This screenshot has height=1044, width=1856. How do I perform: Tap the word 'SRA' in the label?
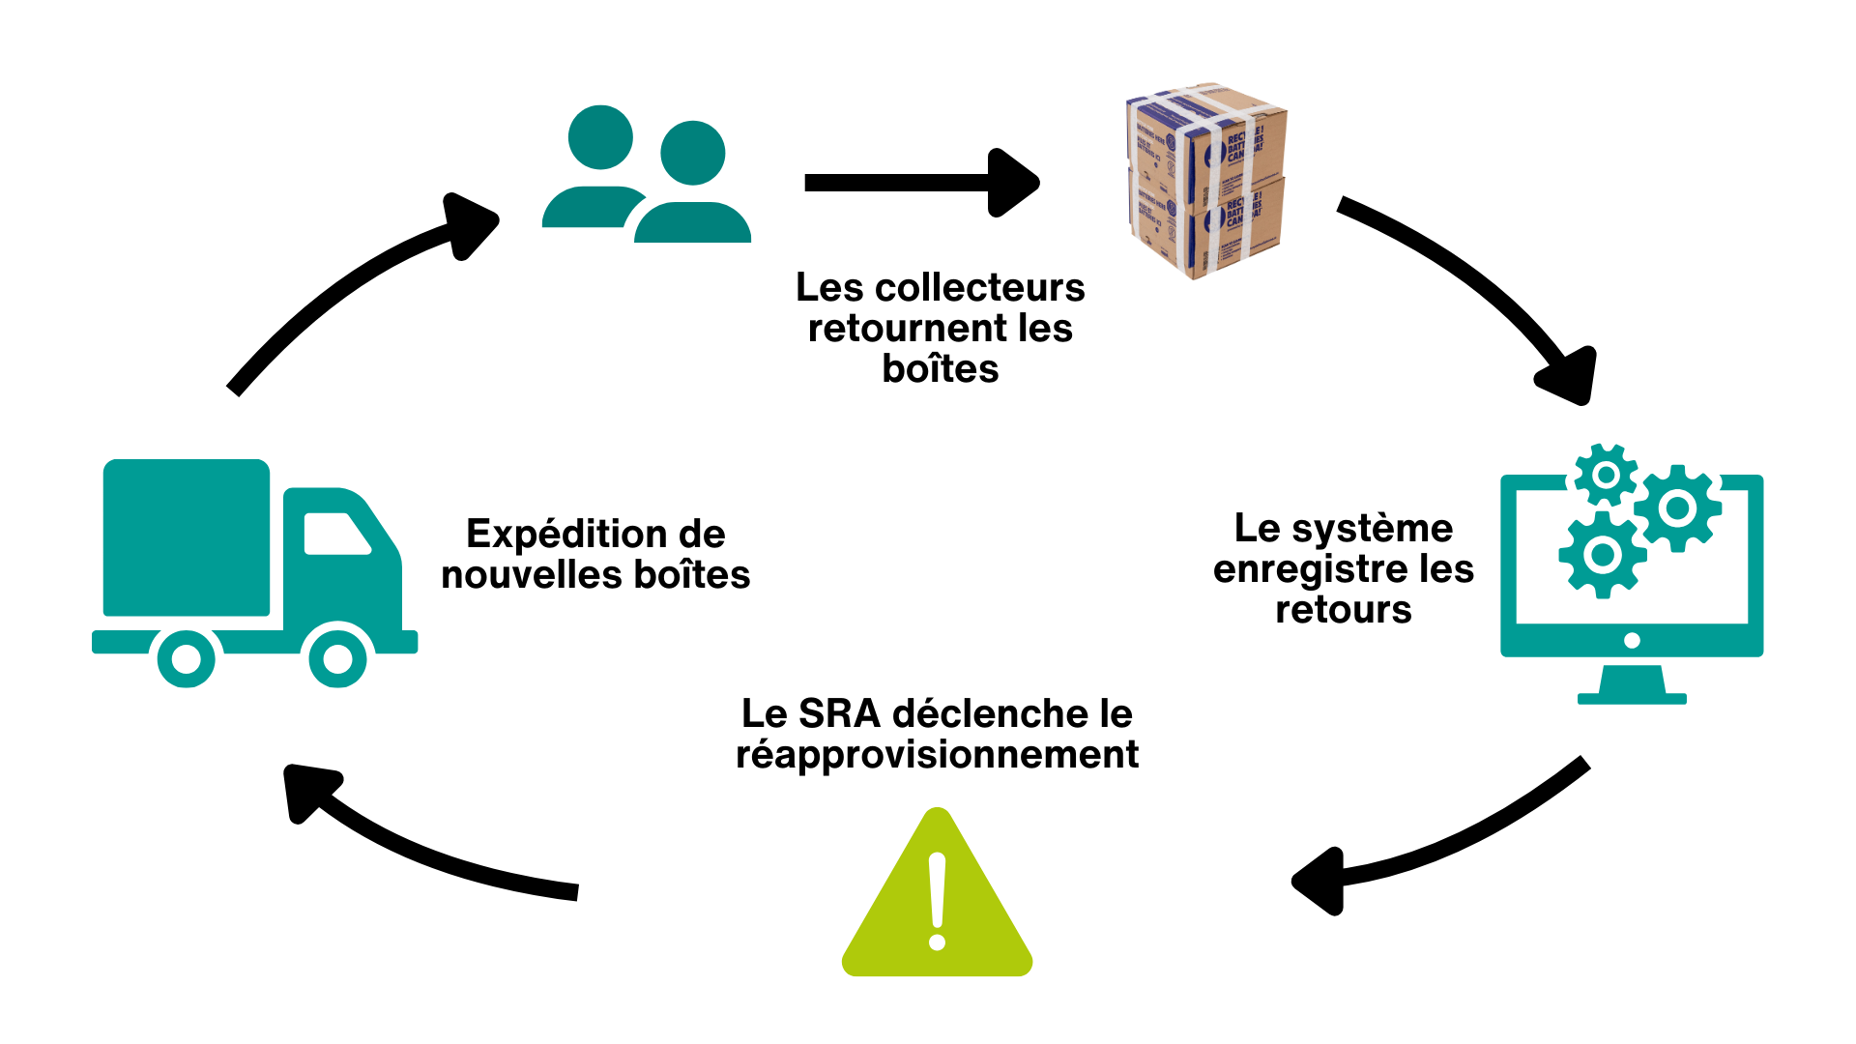(839, 714)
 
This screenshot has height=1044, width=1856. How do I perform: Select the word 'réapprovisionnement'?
(937, 755)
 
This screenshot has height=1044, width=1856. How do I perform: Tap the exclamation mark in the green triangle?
(937, 899)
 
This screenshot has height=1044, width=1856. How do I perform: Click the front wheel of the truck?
(337, 658)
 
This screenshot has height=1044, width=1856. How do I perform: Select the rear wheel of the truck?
(186, 658)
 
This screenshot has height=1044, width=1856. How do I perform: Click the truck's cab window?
(333, 534)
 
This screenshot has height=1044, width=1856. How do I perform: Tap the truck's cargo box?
(186, 537)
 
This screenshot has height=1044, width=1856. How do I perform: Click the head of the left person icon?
(600, 137)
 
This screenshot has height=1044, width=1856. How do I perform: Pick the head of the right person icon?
(692, 153)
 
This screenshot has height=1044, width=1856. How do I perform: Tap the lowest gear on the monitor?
(1602, 555)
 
